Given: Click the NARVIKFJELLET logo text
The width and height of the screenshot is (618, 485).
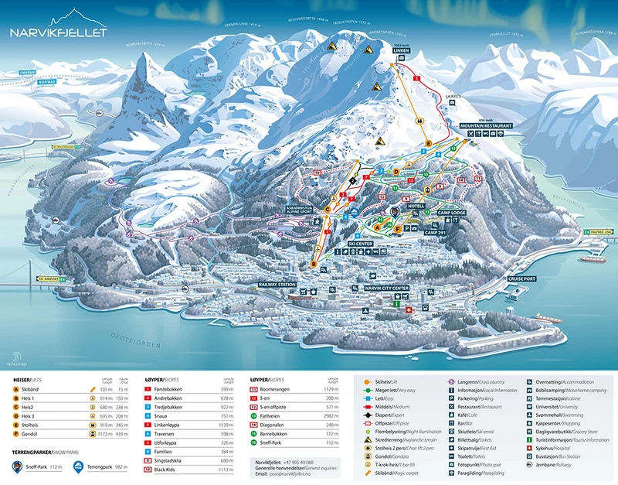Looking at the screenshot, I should pos(58,32).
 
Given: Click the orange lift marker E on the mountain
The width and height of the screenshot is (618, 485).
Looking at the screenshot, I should pos(427,144).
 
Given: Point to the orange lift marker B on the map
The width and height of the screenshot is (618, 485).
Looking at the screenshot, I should pos(314,264).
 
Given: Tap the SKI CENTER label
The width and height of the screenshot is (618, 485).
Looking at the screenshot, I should pos(361,243).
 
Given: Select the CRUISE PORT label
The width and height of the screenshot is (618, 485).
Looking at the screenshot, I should pos(521,278).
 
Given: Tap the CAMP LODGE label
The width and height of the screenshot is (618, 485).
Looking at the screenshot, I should pos(450,212).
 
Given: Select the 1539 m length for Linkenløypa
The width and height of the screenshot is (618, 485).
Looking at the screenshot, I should pos(225,425).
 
